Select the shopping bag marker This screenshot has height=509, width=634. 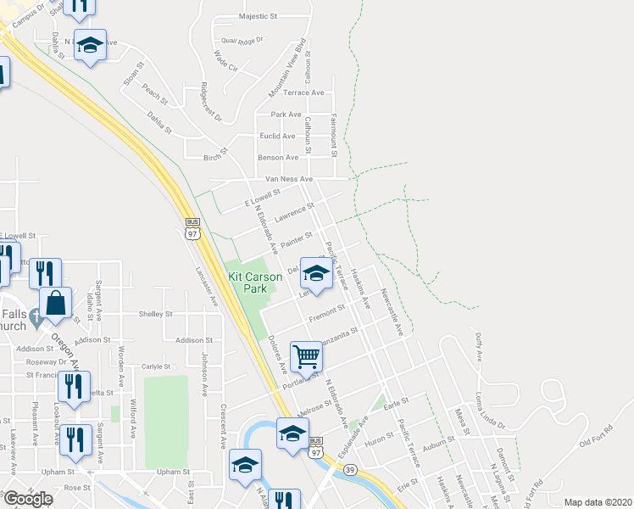[55, 304]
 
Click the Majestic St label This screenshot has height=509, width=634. [259, 16]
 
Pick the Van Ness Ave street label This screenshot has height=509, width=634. [289, 179]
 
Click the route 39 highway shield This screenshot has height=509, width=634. [350, 469]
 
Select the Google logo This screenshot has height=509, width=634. [28, 499]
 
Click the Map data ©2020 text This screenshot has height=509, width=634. [598, 502]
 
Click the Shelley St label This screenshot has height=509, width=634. [156, 313]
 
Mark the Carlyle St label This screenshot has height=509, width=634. [157, 367]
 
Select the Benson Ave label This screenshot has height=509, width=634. [279, 157]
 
